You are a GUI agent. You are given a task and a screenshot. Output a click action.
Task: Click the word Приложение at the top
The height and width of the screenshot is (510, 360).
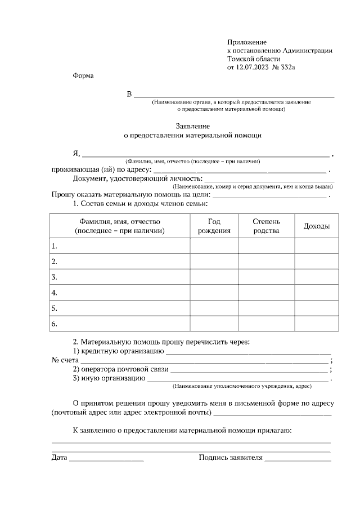coord(246,42)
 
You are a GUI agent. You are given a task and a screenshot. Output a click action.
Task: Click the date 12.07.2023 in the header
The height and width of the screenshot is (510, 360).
coord(253,68)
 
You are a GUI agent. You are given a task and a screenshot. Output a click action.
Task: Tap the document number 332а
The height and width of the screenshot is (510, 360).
coord(287,68)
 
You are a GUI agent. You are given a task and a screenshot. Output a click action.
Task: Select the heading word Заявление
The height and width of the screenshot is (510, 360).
coord(192,126)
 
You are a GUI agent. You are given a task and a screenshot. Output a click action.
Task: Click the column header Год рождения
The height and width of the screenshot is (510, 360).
coord(214,226)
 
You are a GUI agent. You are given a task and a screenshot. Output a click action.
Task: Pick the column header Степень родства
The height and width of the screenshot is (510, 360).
coord(266,226)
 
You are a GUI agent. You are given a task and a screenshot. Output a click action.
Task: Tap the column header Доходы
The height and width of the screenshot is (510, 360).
coord(316,226)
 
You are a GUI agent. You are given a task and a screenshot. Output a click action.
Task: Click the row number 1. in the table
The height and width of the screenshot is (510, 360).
coord(55,247)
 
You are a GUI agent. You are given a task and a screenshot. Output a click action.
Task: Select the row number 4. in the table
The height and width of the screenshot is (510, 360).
coord(55,293)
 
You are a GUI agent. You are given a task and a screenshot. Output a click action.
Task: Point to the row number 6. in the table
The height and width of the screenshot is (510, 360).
coord(55,324)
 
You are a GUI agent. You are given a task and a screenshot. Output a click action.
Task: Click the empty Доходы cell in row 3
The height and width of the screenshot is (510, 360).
coord(316,278)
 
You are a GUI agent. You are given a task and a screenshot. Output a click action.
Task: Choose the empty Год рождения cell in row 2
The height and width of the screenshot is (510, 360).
coord(214,262)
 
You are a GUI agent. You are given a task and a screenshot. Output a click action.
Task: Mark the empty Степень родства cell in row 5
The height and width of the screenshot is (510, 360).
coord(266,308)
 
